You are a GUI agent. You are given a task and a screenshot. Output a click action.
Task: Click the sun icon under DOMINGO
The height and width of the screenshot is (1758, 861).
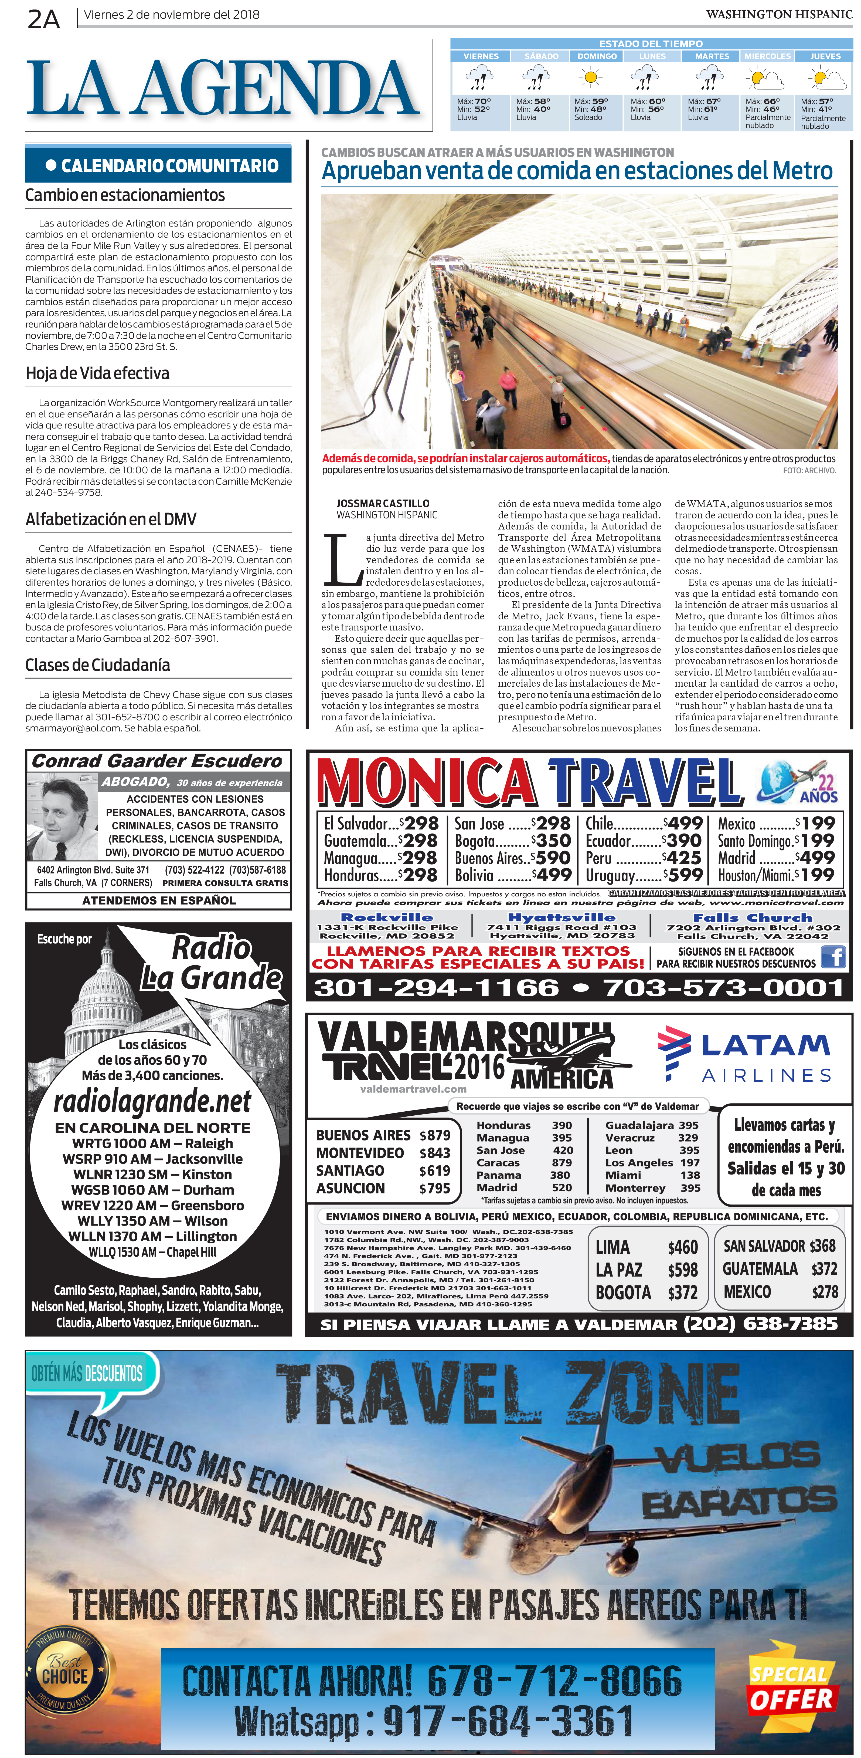point(590,79)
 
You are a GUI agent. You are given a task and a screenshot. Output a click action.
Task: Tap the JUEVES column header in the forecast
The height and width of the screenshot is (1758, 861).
point(825,56)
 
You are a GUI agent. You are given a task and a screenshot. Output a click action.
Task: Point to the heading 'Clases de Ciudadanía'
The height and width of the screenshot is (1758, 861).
point(98,665)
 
